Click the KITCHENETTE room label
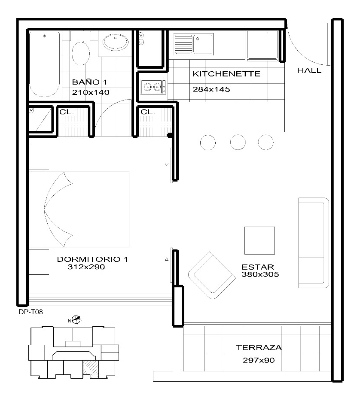click(226, 74)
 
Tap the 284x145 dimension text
click(211, 90)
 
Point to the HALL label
click(309, 71)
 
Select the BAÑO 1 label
click(89, 82)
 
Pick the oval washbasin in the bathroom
click(116, 43)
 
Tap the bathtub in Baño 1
click(44, 64)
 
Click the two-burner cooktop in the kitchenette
click(153, 87)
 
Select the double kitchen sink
click(194, 44)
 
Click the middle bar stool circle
click(238, 142)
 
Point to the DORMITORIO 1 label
click(92, 259)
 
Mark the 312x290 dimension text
click(86, 267)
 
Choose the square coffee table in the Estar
click(259, 240)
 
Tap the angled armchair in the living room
click(212, 275)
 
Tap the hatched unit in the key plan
click(91, 368)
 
